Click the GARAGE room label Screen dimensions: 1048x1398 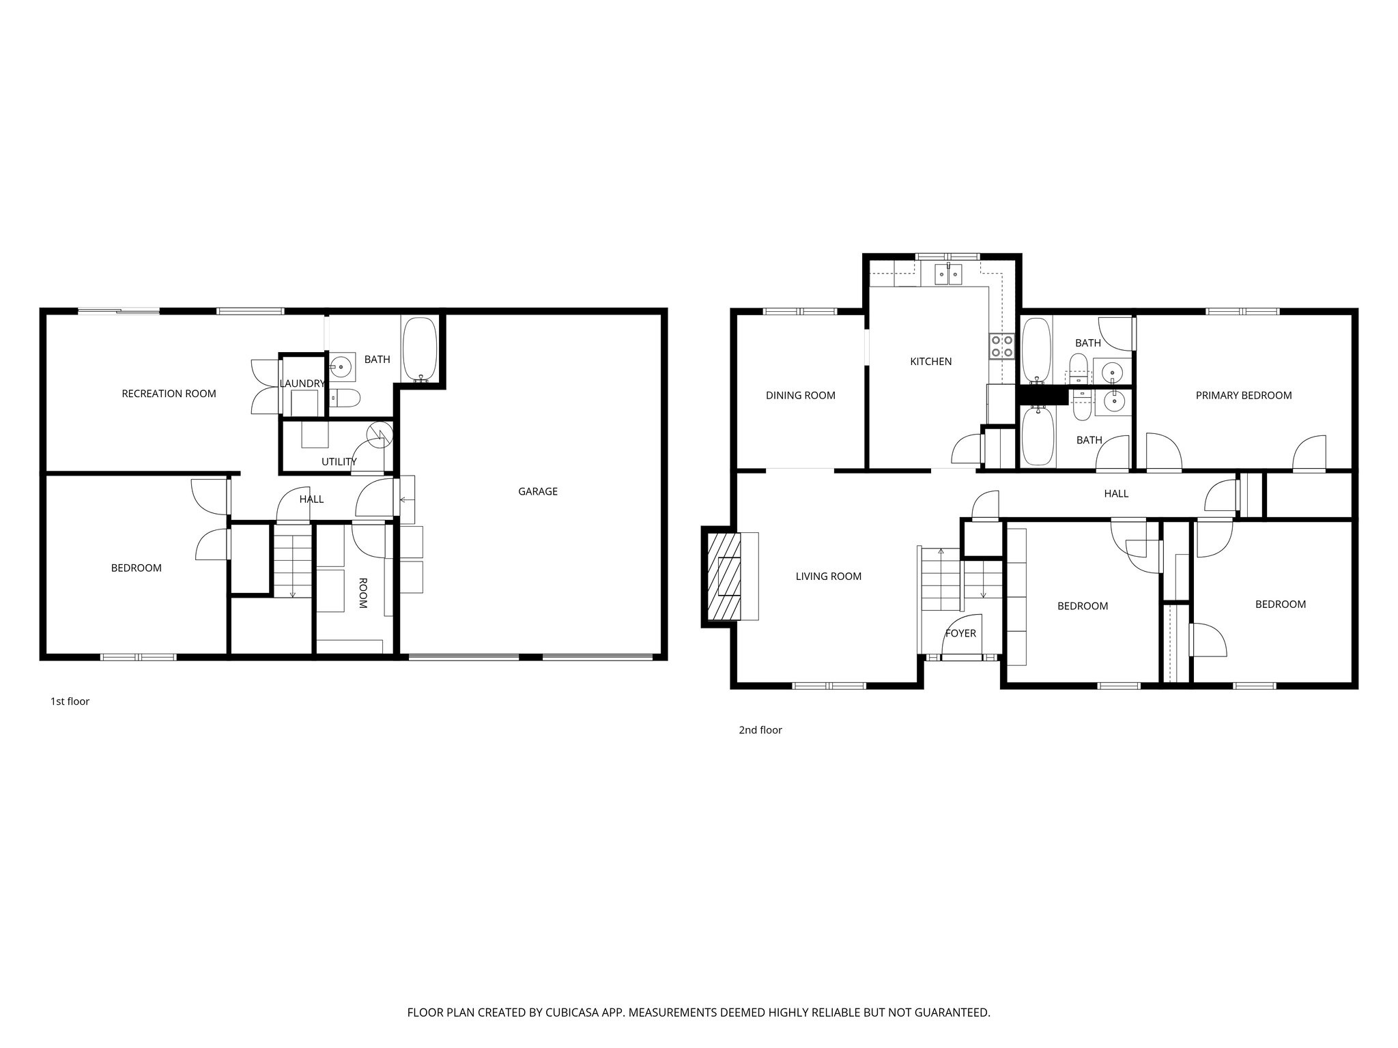[538, 491]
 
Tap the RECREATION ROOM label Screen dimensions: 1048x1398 [169, 394]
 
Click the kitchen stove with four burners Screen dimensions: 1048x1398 [1001, 347]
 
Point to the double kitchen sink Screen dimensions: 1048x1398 [948, 274]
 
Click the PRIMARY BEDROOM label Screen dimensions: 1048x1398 [1243, 395]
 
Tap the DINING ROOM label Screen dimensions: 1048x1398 [800, 395]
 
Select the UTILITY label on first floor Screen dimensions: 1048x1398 [339, 462]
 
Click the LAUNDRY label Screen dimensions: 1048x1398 [302, 383]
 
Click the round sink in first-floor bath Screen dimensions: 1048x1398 [341, 366]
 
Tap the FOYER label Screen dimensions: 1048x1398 [960, 633]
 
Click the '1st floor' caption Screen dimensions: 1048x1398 [70, 701]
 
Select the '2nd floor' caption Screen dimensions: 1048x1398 [760, 730]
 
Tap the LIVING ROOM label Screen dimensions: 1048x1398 [828, 577]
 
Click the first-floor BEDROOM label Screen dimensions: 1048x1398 [137, 568]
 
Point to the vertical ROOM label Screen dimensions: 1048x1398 [362, 593]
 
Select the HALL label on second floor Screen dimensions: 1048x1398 [1116, 493]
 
